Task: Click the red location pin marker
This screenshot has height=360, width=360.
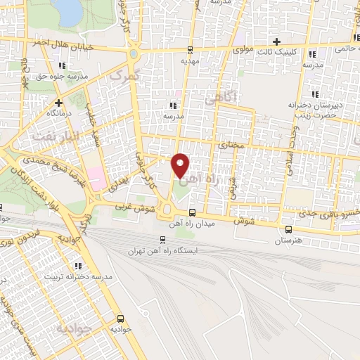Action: coord(181,165)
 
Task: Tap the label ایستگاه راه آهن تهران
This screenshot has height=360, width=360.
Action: coord(163,250)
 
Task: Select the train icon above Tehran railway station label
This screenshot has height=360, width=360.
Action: coord(163,239)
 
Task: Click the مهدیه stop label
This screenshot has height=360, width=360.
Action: coord(191,61)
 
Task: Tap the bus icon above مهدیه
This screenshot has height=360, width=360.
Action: coord(191,50)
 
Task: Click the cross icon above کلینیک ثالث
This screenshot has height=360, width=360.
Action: coord(277,41)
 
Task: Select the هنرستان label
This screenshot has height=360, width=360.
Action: coord(288,240)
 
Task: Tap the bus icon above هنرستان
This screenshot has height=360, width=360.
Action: coord(288,229)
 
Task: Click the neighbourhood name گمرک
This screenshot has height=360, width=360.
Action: coord(126,74)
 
